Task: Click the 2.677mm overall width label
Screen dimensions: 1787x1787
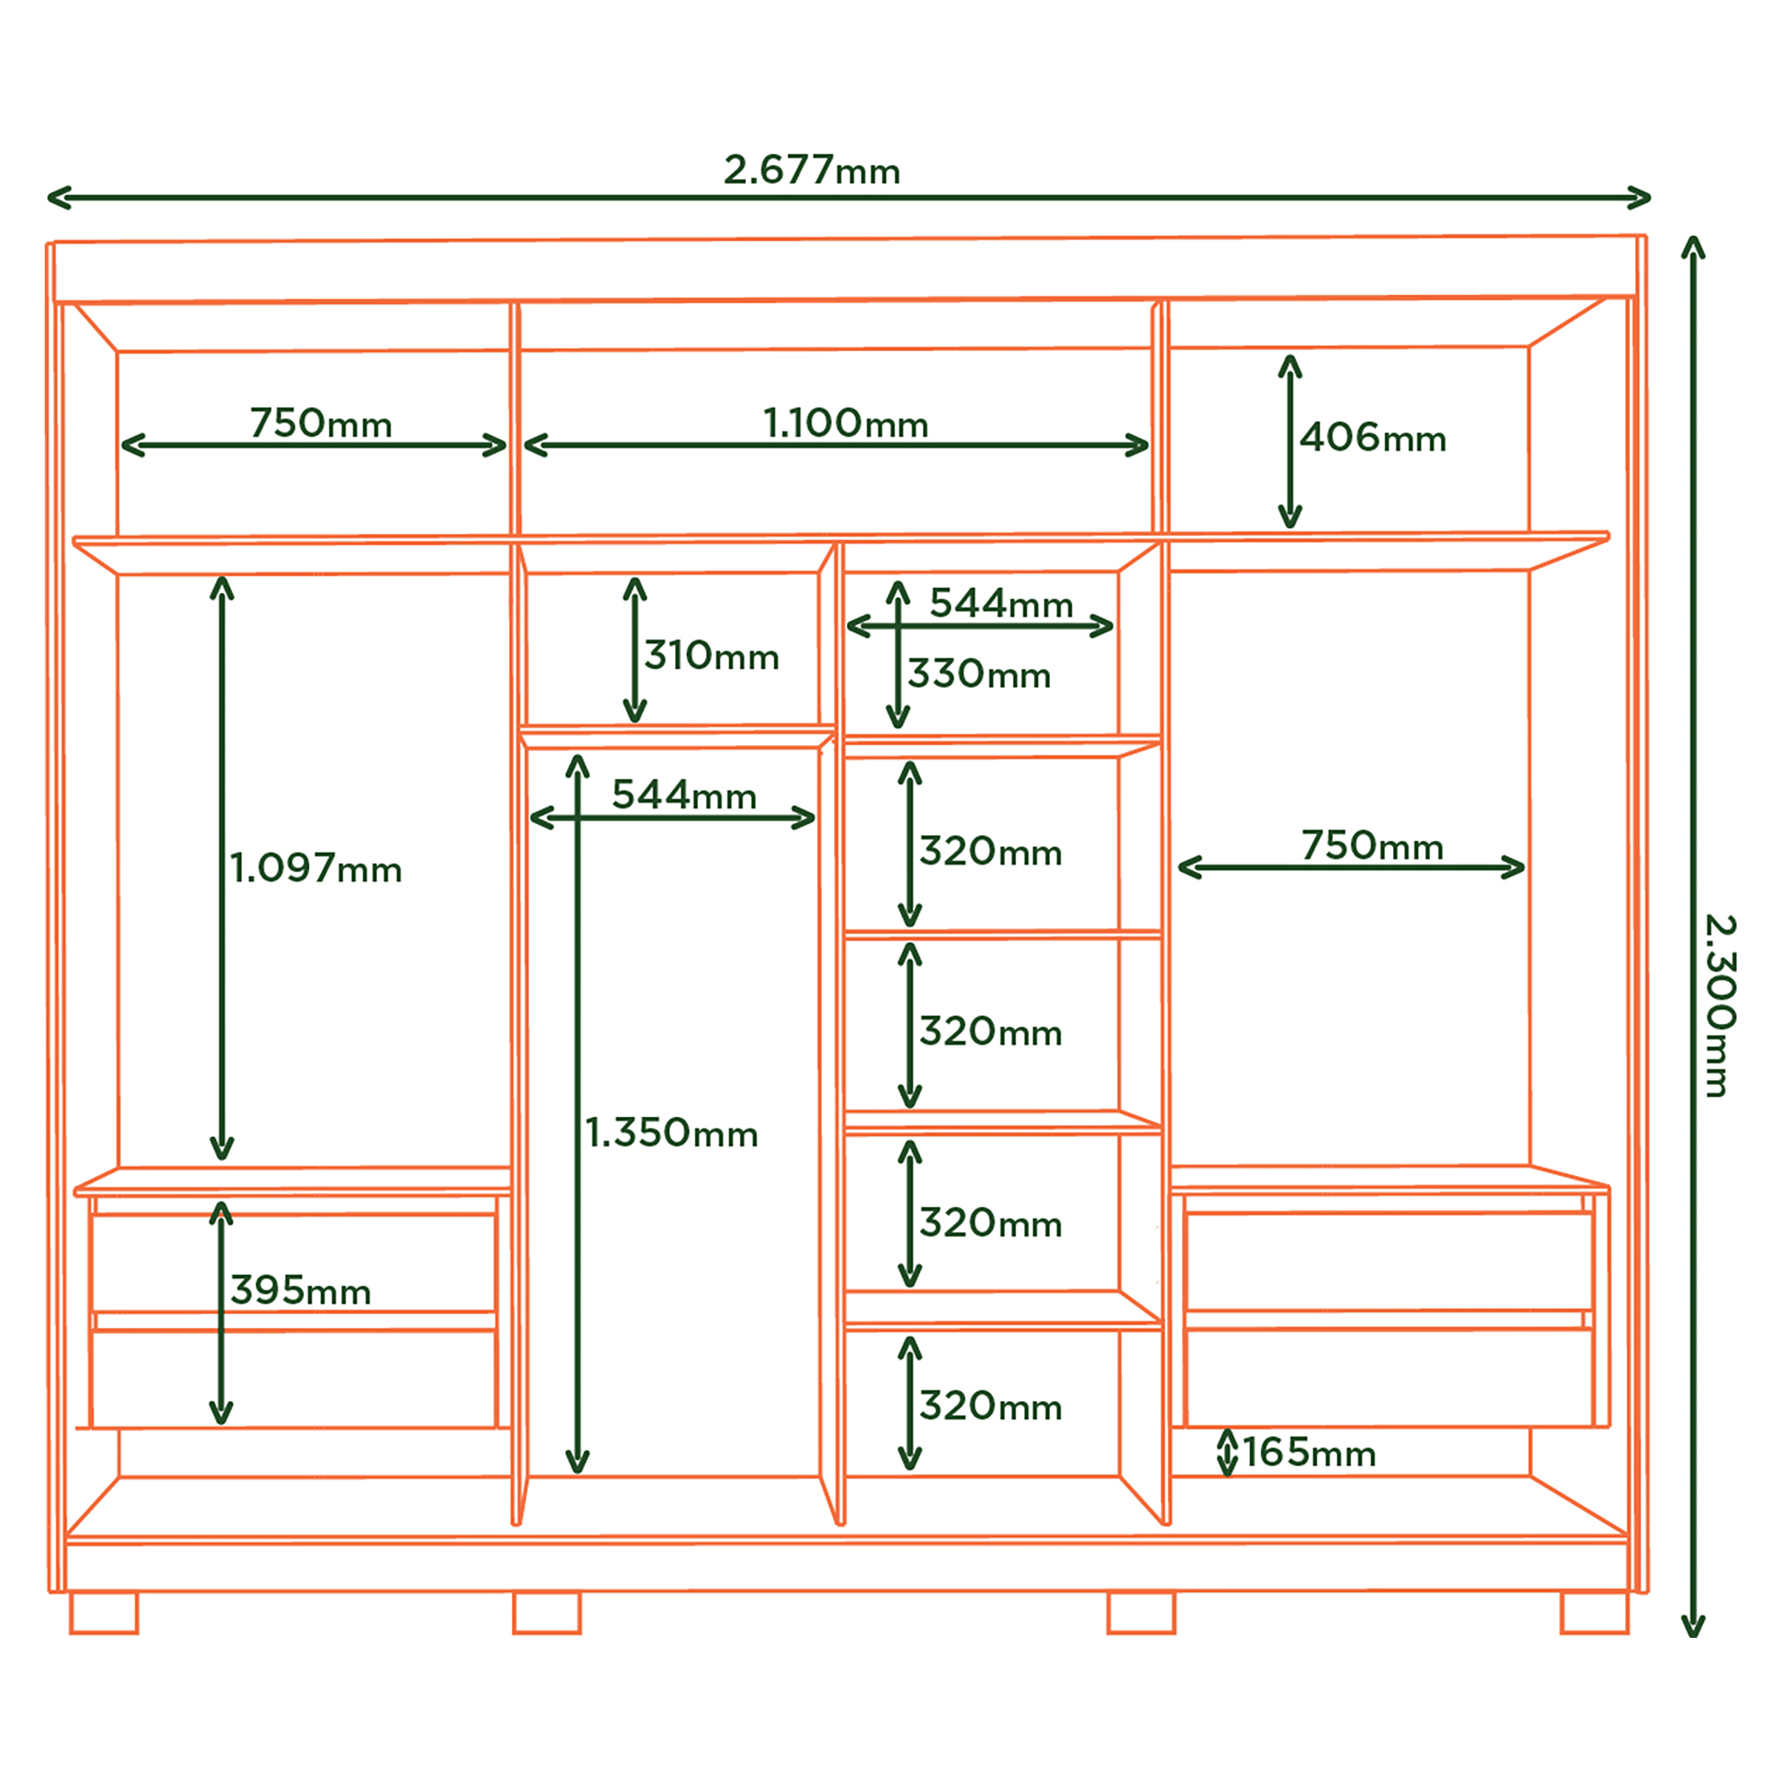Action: click(811, 170)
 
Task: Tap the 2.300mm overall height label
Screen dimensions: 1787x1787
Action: click(1719, 1005)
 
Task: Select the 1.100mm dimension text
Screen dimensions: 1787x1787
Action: click(845, 424)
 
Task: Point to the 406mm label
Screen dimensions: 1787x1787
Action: click(1372, 438)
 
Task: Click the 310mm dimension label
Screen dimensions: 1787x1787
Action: click(711, 656)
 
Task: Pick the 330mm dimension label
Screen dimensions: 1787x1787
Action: click(978, 675)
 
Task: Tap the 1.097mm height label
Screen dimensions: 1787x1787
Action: click(315, 868)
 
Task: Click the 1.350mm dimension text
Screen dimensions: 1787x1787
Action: click(672, 1133)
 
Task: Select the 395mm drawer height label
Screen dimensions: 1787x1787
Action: click(300, 1290)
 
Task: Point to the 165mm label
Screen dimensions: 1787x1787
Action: click(1309, 1452)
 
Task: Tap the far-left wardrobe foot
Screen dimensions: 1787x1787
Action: click(104, 1613)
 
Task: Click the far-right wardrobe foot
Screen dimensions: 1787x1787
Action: click(1595, 1613)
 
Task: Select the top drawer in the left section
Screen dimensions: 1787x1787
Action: click(294, 1262)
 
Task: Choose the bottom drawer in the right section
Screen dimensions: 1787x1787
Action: click(1389, 1378)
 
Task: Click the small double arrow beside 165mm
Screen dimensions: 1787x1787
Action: click(1228, 1452)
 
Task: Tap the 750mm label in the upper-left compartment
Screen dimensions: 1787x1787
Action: click(321, 424)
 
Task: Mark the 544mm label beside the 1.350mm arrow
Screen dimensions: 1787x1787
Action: click(684, 794)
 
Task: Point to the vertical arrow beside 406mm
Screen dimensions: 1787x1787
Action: click(1290, 441)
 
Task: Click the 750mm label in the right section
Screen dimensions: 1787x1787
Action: click(1372, 845)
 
